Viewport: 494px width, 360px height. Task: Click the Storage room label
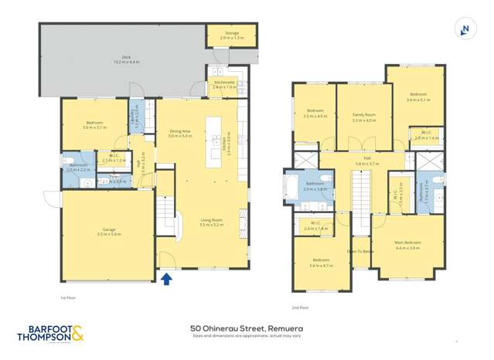tap(231, 33)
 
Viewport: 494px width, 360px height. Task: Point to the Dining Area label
tap(180, 131)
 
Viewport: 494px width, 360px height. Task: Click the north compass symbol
tap(464, 29)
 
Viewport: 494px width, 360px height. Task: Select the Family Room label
tap(363, 115)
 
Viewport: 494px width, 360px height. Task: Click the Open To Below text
tap(360, 251)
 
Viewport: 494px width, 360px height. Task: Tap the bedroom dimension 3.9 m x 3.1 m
tap(95, 127)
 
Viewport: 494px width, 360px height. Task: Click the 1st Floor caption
tap(68, 297)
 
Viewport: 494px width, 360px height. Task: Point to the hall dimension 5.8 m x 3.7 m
tap(367, 164)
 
